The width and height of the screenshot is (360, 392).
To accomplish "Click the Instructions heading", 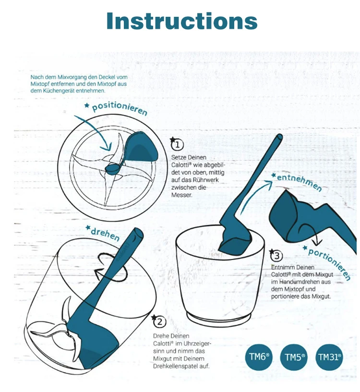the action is [x=181, y=21].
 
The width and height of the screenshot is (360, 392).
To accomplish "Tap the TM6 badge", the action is [x=259, y=357].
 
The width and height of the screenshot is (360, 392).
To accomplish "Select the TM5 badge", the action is [x=295, y=357].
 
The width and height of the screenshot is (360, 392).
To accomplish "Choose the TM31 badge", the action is [x=330, y=357].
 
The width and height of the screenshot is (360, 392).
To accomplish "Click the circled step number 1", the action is [x=178, y=145].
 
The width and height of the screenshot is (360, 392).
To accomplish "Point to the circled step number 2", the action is [x=159, y=321].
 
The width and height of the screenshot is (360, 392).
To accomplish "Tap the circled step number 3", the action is [x=276, y=256].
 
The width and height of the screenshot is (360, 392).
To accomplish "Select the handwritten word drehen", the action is [x=105, y=234].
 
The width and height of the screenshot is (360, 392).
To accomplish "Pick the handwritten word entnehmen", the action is [x=300, y=182].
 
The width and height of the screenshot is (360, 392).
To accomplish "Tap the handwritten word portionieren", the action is [x=329, y=264].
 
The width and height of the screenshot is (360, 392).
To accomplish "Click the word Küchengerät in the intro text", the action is [x=59, y=90].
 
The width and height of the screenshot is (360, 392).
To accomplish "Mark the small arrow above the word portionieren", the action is [x=312, y=233].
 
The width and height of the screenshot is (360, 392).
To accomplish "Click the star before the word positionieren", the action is [x=87, y=106].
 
